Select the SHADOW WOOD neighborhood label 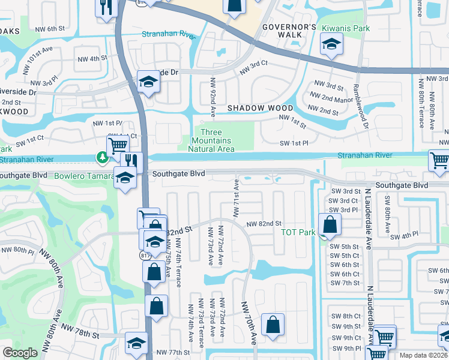point(260,108)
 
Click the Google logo point(20,353)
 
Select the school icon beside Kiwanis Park point(330,45)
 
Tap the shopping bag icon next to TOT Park point(330,225)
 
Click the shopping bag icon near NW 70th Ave point(272,325)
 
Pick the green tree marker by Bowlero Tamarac point(103,158)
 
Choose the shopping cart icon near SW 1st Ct point(118,145)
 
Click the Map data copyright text point(423,355)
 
